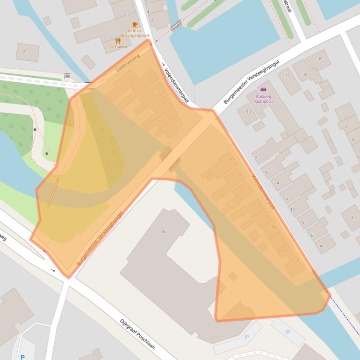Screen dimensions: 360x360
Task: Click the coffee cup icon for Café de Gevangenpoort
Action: tap(135, 24)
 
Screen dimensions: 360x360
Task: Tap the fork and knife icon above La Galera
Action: tap(118, 41)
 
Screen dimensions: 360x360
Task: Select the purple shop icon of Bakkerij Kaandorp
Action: tap(263, 89)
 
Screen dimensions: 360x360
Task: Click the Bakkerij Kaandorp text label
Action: tap(263, 98)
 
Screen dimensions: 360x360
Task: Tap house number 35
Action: tap(320, 59)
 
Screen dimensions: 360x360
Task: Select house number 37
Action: tap(288, 74)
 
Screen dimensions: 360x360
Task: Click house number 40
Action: tap(248, 111)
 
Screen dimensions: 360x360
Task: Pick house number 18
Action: tap(255, 157)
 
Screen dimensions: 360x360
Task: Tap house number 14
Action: tap(277, 183)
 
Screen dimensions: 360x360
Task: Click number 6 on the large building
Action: tap(164, 231)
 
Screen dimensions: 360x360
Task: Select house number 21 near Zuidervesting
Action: tap(131, 72)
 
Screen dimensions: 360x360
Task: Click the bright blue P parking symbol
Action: tap(22, 357)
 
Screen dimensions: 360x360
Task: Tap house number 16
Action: tap(266, 173)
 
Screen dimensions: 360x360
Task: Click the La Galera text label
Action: tap(118, 47)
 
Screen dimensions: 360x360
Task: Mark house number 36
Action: tap(305, 74)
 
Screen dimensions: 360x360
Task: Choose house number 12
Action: tap(286, 198)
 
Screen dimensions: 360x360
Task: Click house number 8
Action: tap(303, 223)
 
